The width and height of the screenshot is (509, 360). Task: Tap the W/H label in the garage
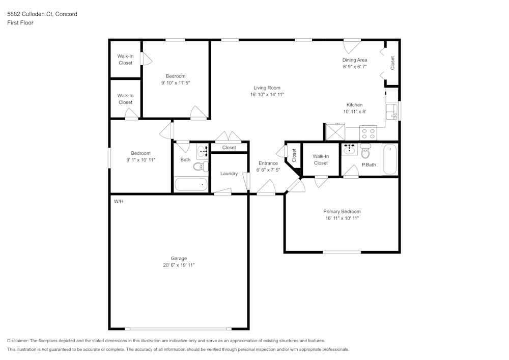(118, 202)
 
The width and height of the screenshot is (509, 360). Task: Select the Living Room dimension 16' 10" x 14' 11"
(267, 95)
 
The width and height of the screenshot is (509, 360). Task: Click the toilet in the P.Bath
(365, 151)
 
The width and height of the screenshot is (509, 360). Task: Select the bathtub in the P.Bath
(389, 160)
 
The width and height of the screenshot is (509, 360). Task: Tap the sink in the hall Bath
(203, 151)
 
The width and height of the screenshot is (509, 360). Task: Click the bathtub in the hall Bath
(191, 184)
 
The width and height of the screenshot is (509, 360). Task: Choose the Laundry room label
(229, 174)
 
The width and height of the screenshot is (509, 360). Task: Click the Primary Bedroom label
(342, 212)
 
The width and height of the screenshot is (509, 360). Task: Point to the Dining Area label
(354, 60)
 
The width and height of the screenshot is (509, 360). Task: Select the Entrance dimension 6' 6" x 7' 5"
(268, 170)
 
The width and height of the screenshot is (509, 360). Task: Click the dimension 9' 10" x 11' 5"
(176, 82)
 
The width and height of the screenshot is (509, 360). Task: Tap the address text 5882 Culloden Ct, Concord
(42, 14)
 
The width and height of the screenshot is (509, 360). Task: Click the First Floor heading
(20, 23)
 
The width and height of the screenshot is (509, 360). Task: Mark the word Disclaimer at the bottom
(18, 341)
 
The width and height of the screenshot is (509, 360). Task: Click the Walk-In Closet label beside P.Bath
(321, 160)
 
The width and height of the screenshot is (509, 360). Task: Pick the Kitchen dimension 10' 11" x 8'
(354, 112)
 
